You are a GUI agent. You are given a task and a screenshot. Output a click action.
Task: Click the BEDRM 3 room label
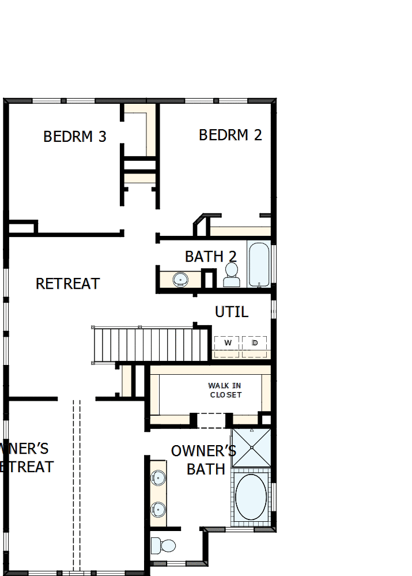[x=75, y=137]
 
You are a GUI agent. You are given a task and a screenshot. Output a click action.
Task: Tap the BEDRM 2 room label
[x=230, y=135]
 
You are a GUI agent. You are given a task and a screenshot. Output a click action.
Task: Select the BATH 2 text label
[x=211, y=257]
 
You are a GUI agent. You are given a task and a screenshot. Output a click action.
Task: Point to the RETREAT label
[x=68, y=284]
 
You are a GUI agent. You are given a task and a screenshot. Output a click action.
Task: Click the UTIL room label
[x=232, y=312]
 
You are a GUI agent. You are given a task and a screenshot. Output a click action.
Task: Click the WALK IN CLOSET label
[x=225, y=390]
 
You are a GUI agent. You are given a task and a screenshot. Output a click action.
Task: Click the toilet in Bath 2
[x=232, y=275]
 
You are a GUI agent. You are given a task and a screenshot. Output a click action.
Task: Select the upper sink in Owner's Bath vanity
[x=158, y=478]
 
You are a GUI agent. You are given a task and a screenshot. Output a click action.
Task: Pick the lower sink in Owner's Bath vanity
[x=158, y=509]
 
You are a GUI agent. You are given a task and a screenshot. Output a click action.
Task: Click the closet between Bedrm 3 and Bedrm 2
[x=140, y=144]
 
